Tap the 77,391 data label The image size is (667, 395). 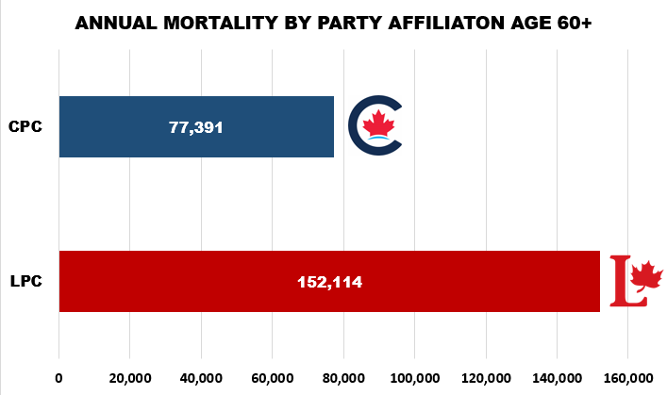coord(196,127)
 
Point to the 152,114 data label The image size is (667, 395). coord(329,282)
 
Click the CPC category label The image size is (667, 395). coord(25,126)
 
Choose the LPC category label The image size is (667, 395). coord(25,281)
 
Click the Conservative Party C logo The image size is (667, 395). coord(375,125)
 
